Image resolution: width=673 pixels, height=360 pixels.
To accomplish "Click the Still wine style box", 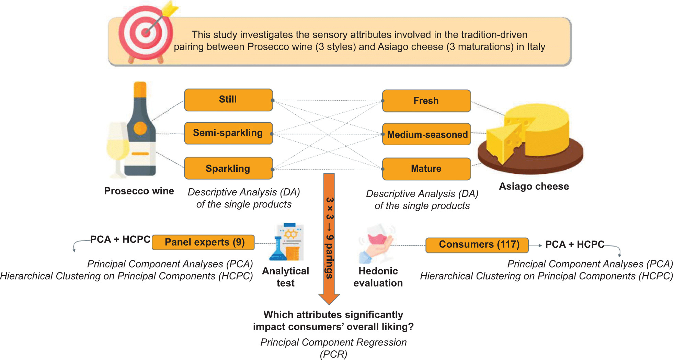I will (228, 100).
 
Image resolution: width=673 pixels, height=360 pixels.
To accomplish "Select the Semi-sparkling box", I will (228, 133).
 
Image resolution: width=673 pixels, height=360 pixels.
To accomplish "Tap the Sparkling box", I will (228, 168).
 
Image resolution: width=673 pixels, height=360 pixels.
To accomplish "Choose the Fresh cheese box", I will (426, 101).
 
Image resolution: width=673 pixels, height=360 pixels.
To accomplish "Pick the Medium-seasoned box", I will (426, 134).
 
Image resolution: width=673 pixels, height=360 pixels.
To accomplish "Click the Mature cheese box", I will (426, 169).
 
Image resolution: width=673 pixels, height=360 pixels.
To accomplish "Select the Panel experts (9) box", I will (203, 243).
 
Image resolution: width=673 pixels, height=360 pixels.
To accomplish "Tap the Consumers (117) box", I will (477, 245).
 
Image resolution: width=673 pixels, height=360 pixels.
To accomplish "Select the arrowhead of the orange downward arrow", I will (329, 299).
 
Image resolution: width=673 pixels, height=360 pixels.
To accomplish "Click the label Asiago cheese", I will (534, 187).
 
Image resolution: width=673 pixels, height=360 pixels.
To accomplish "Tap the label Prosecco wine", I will (139, 191).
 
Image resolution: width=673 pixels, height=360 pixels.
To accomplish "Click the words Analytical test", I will (286, 277).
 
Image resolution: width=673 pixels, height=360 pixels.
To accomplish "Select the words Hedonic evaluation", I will (378, 277).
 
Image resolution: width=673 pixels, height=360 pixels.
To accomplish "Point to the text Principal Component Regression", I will (333, 342).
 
